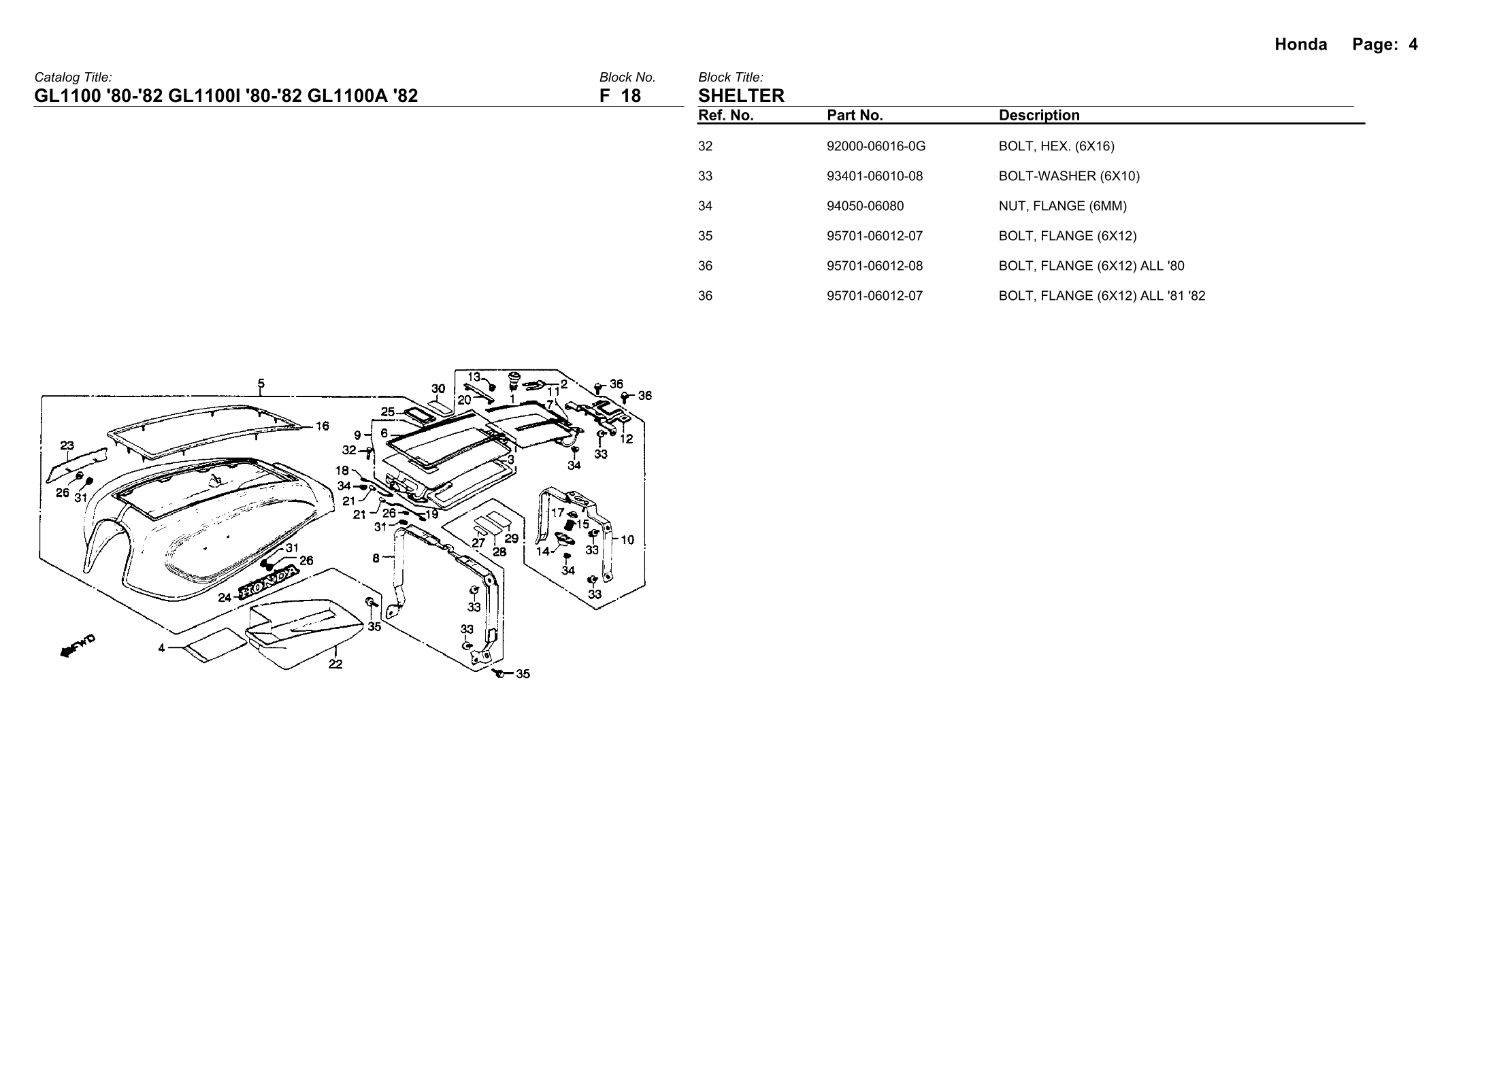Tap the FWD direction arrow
(78, 645)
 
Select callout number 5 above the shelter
(261, 384)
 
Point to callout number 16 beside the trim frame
(322, 426)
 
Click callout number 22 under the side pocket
(335, 664)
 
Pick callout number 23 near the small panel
(67, 446)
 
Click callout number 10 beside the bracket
(627, 540)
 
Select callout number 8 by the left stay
(376, 558)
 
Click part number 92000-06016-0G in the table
(876, 146)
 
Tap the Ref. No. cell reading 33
(705, 176)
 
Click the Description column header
(1038, 116)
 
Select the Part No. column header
(855, 116)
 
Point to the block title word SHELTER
(741, 96)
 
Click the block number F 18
(620, 96)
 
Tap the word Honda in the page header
(1300, 45)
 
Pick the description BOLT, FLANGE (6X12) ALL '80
(1091, 266)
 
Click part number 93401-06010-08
(874, 176)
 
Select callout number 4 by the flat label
(162, 648)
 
